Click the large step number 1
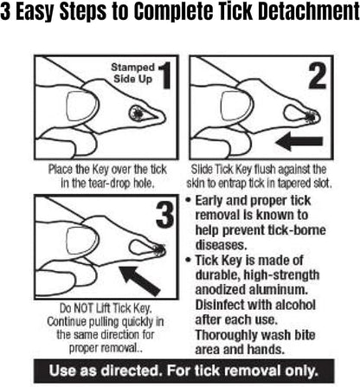click(x=164, y=75)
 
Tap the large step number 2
click(x=318, y=75)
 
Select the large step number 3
click(x=165, y=215)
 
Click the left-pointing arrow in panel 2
click(x=299, y=141)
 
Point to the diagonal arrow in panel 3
click(x=140, y=281)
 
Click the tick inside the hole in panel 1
click(x=138, y=113)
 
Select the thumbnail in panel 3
click(x=82, y=240)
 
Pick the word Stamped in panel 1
click(x=133, y=68)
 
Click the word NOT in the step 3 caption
click(x=84, y=308)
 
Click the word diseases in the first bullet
click(x=222, y=245)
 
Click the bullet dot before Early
click(x=188, y=200)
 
